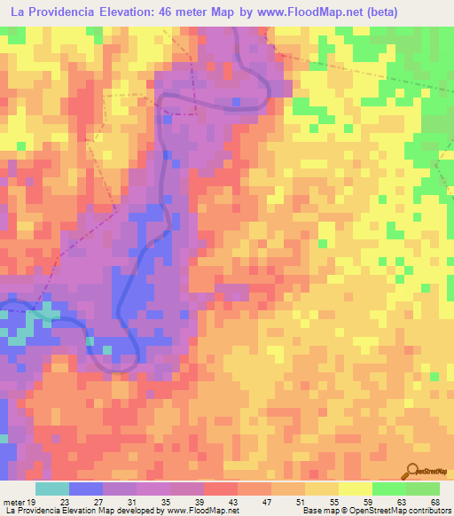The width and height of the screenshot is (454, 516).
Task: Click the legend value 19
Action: pos(33,501)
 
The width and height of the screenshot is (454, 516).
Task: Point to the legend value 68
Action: pos(435,501)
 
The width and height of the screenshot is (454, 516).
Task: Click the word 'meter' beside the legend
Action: pos(14,501)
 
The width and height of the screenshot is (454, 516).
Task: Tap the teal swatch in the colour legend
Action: pos(52,488)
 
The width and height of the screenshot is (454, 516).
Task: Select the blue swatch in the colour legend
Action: pos(86,488)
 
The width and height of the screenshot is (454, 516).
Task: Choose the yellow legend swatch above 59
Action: pos(356,488)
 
